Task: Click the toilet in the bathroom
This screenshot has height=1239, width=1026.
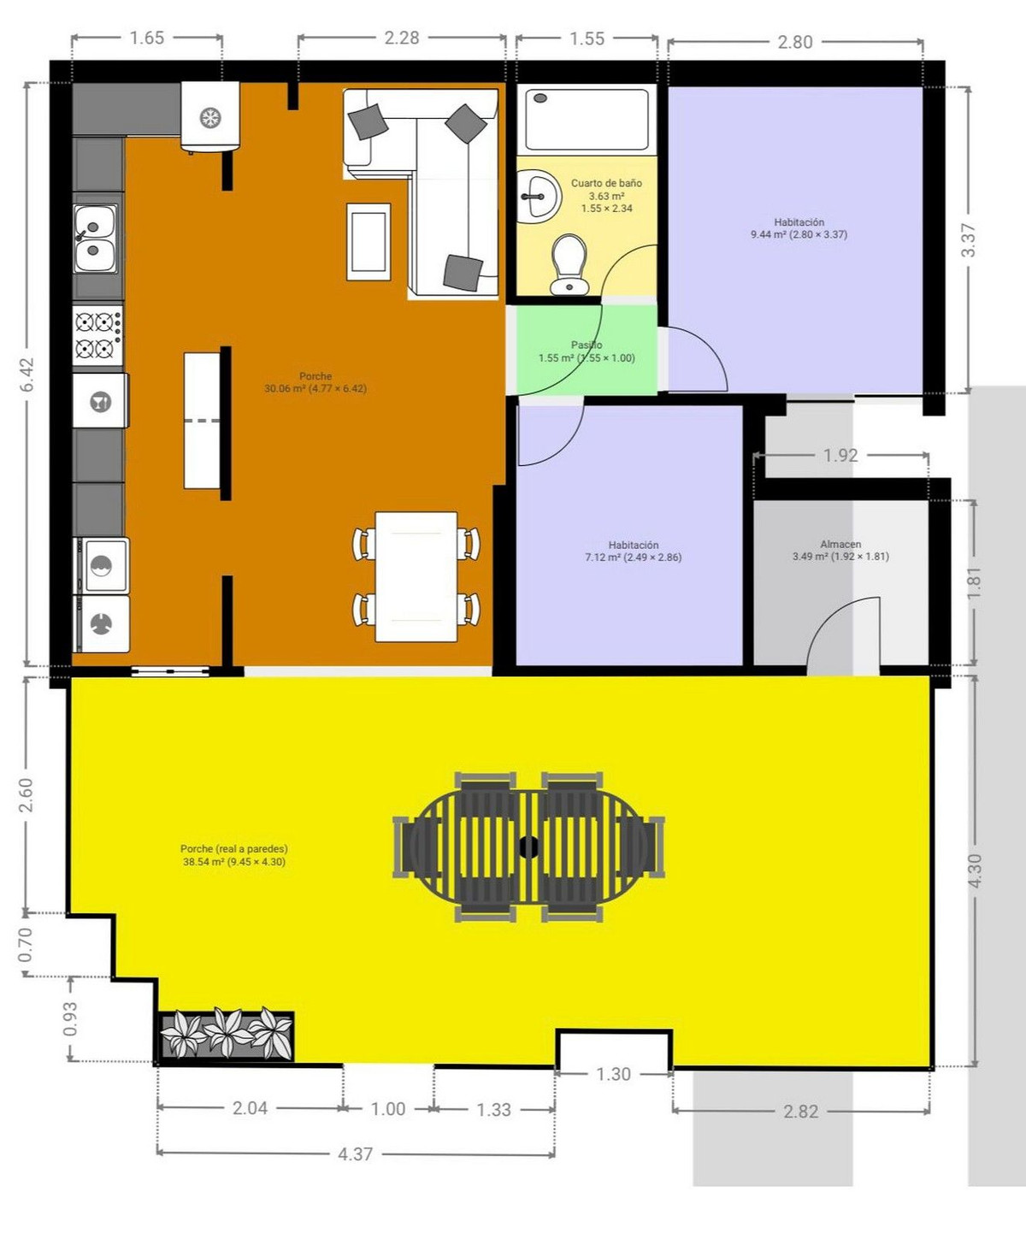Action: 569,264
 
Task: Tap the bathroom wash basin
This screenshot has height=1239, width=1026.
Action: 538,196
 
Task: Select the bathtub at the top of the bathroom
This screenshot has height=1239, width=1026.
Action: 587,119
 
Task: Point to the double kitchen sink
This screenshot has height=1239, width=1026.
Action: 95,239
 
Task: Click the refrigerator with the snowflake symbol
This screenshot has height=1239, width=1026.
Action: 210,118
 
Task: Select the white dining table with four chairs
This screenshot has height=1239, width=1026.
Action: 416,575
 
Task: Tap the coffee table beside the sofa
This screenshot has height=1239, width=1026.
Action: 369,242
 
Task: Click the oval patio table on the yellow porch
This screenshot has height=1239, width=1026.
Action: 528,847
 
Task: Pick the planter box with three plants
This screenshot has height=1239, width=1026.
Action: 227,1035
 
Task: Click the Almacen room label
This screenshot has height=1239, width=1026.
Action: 840,544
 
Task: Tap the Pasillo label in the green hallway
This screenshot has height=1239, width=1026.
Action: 587,345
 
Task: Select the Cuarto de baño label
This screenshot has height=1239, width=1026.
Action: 606,183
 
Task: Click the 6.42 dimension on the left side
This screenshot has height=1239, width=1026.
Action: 27,375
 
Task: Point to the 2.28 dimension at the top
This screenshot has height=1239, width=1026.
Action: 401,38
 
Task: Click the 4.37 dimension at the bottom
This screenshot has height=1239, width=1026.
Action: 355,1153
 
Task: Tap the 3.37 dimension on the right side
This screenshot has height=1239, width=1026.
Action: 968,239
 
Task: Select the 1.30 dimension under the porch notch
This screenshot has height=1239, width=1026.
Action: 613,1074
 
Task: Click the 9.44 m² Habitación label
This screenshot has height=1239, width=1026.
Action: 799,228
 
